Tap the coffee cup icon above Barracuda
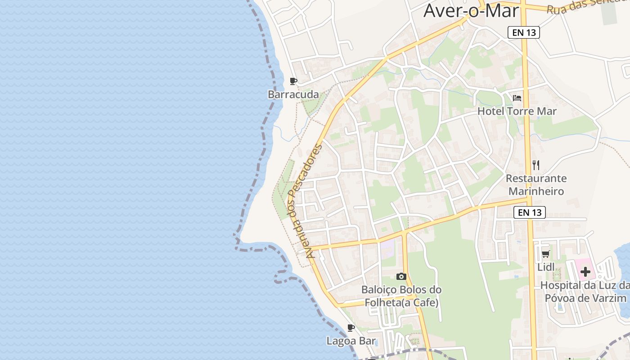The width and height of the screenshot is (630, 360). click(x=293, y=81)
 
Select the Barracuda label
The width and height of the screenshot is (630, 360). click(x=293, y=94)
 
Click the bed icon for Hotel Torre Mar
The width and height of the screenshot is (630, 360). click(x=517, y=98)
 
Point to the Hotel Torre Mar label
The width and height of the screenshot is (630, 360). click(x=517, y=111)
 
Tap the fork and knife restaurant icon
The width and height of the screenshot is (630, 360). click(x=535, y=165)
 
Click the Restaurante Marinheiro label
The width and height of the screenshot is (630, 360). click(x=536, y=184)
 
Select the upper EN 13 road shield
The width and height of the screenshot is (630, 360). click(x=524, y=32)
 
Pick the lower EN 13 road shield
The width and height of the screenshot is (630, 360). click(x=530, y=212)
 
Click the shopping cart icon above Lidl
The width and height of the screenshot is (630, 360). click(x=545, y=254)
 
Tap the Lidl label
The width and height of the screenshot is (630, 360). click(x=546, y=267)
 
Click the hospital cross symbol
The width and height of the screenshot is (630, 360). click(x=585, y=271)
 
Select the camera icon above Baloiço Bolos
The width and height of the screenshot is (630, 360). click(x=401, y=276)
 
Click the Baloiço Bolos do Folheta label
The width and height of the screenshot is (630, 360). click(x=401, y=296)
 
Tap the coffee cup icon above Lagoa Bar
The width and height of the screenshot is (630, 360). click(x=351, y=328)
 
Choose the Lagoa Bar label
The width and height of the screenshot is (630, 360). click(x=351, y=341)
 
